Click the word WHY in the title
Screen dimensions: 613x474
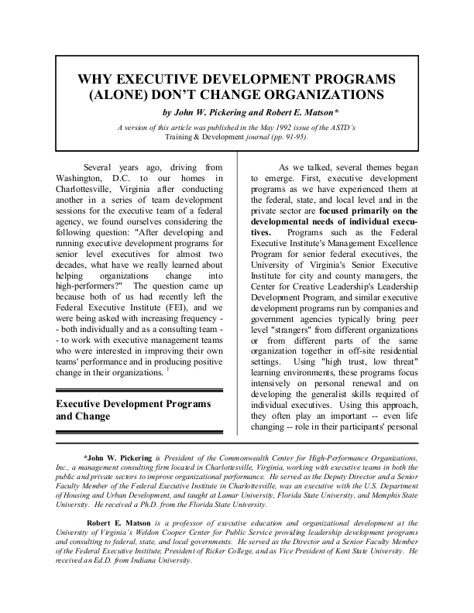tap(94, 80)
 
